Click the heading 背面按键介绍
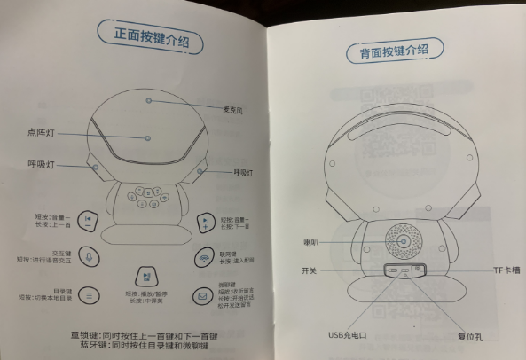399,54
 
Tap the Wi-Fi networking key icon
203,257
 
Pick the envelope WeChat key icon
202,295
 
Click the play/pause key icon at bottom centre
145,278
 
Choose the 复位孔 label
444,336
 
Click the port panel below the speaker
404,270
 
